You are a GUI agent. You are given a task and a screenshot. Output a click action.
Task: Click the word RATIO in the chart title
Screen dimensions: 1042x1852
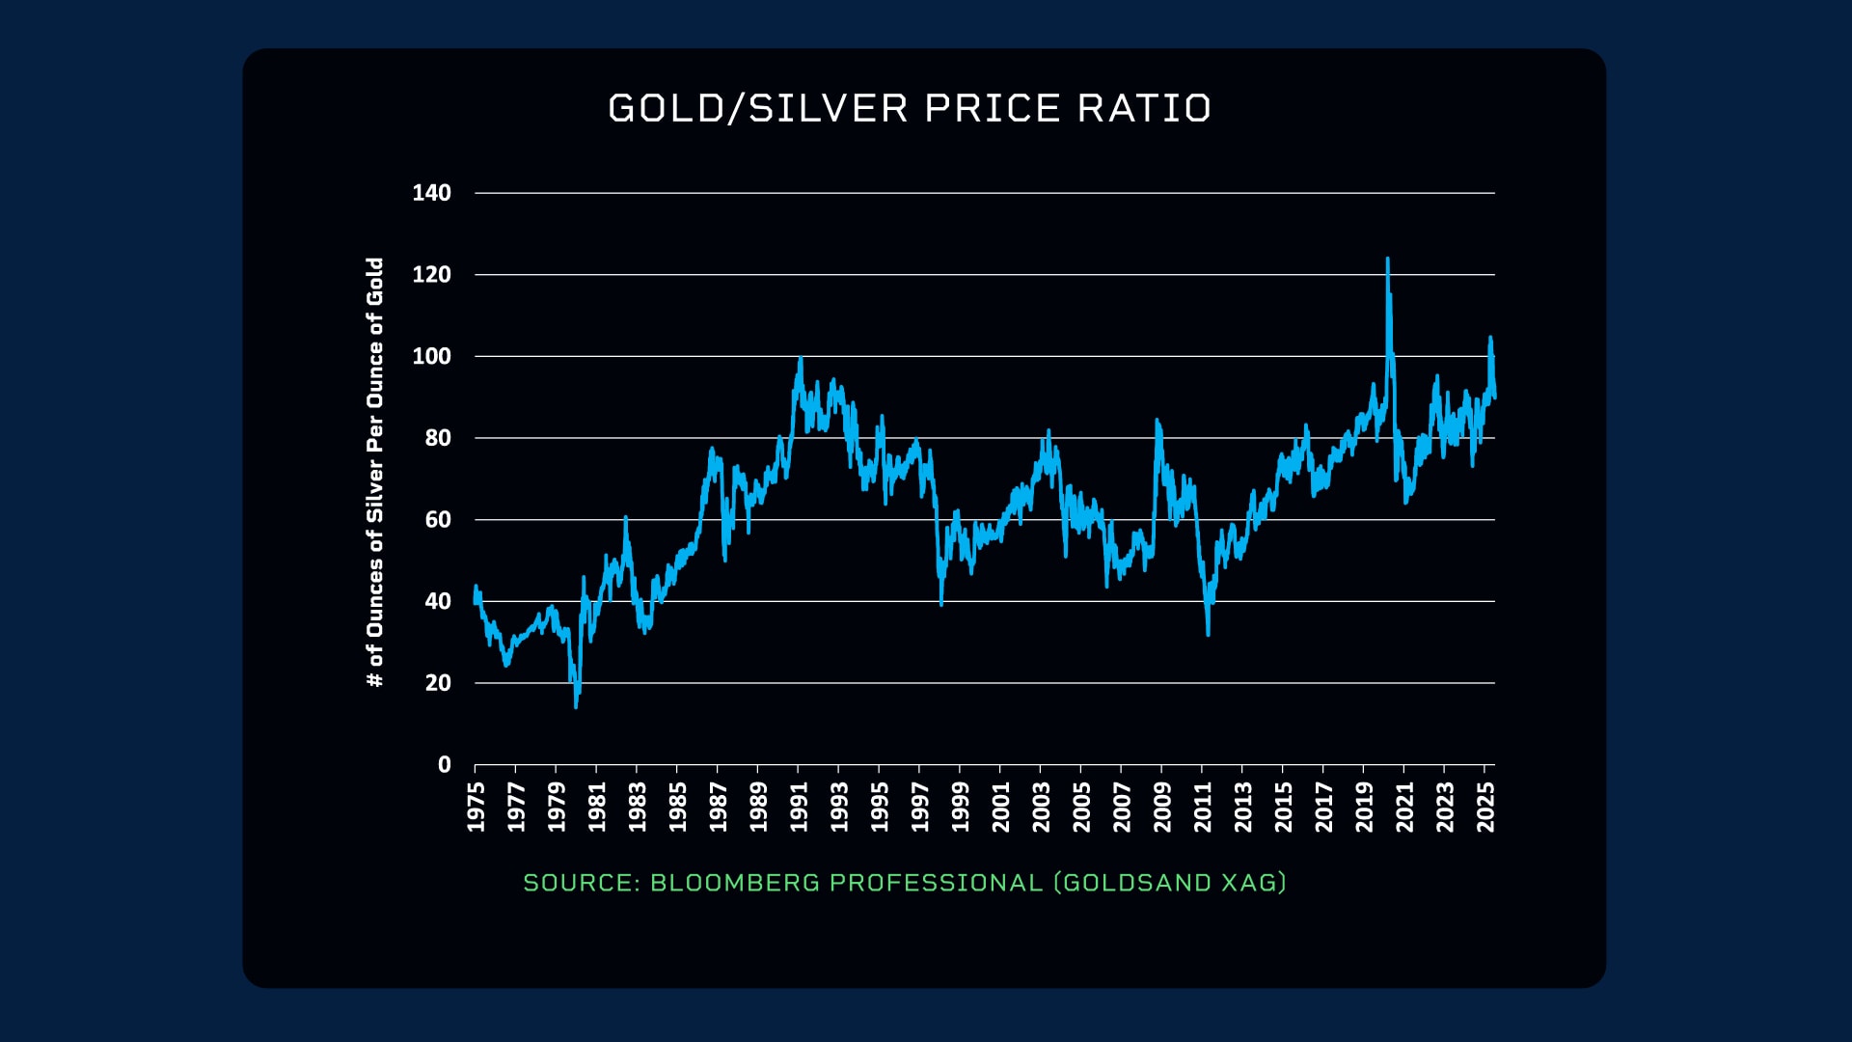pos(1144,108)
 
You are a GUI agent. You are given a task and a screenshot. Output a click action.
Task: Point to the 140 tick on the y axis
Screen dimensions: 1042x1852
pos(431,193)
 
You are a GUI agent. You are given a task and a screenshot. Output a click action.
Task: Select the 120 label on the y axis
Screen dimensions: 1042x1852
pos(431,275)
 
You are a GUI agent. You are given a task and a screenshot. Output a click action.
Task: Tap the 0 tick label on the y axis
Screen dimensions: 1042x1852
pos(444,765)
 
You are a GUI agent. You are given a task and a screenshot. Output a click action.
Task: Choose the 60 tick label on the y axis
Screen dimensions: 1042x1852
pos(437,520)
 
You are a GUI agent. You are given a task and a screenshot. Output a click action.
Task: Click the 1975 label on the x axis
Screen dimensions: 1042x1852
pos(476,807)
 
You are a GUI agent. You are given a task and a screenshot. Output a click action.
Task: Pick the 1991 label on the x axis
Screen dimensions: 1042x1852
pos(799,807)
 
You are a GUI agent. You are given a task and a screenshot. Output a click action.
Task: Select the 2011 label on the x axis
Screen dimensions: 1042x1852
pos(1202,807)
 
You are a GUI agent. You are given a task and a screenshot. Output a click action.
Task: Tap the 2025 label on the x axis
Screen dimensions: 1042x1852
pos(1485,807)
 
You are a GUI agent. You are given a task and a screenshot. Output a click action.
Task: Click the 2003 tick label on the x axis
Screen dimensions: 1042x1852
pos(1041,807)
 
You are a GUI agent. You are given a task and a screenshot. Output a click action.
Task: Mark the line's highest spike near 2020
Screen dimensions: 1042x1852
pos(1387,259)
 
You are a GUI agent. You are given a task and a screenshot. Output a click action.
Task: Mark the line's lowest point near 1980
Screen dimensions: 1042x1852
pos(576,706)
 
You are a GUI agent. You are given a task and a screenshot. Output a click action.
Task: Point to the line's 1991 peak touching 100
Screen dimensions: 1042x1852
pos(801,359)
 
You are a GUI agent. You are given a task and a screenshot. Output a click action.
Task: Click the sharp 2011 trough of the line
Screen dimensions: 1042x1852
pos(1208,633)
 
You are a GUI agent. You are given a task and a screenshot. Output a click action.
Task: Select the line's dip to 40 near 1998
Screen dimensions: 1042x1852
pos(940,604)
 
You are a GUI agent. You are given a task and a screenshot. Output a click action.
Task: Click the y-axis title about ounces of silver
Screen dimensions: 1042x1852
pos(375,473)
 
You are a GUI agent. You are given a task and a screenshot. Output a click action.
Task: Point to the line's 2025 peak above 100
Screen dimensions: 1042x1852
pos(1490,338)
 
